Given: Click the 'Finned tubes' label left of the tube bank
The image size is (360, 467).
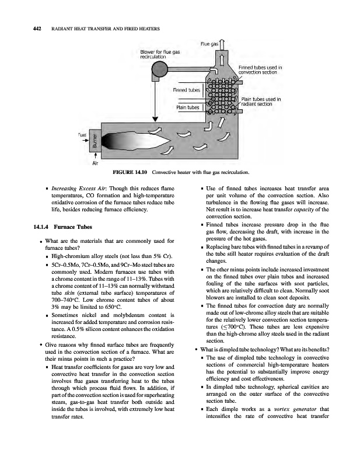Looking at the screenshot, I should tap(186, 90).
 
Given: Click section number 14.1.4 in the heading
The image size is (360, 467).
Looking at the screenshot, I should tap(33, 226).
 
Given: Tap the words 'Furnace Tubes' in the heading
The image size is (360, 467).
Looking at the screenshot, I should tap(72, 226).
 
